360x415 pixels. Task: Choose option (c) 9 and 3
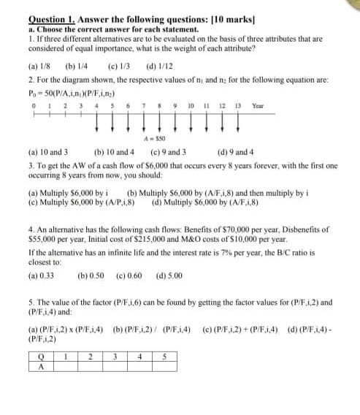click(167, 153)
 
